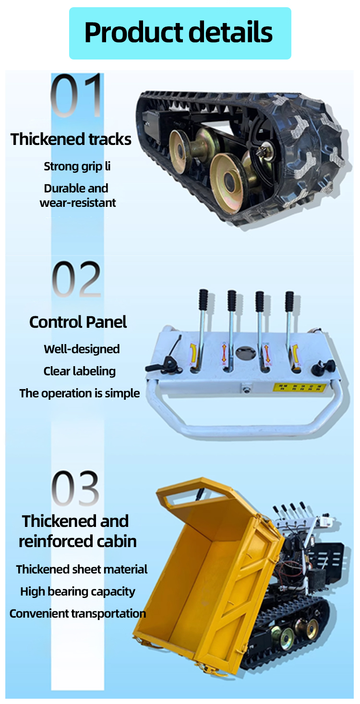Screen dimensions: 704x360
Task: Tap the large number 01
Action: pyautogui.click(x=77, y=96)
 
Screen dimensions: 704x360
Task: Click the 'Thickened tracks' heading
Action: pyautogui.click(x=71, y=139)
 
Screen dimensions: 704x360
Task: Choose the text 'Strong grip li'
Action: pyautogui.click(x=77, y=167)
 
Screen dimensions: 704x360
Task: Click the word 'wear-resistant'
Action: pyautogui.click(x=78, y=203)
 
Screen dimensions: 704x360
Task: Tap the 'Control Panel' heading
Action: pyautogui.click(x=78, y=322)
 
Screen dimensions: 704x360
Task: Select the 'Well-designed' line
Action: pyautogui.click(x=82, y=349)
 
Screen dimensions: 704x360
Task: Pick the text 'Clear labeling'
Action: pyautogui.click(x=80, y=371)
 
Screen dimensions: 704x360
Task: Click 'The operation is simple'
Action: pyautogui.click(x=80, y=394)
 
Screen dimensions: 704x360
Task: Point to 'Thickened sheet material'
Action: pyautogui.click(x=82, y=570)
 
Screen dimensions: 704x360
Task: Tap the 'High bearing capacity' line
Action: pyautogui.click(x=78, y=592)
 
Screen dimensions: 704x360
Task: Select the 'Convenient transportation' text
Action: pyautogui.click(x=78, y=614)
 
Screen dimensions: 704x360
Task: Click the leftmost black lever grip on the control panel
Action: pyautogui.click(x=203, y=300)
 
